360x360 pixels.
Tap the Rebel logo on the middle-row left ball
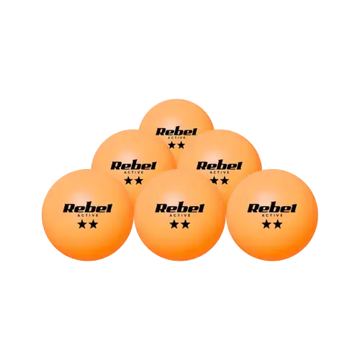133,166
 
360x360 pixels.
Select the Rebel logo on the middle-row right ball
219,166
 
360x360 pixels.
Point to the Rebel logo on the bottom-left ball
88,208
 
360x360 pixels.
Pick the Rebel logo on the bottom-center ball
180,208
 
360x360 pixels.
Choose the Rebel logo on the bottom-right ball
272,208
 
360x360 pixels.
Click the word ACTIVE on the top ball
176,138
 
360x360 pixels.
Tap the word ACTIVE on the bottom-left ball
88,215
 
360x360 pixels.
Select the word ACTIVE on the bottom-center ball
180,215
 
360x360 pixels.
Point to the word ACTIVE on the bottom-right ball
272,215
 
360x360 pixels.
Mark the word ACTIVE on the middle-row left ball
135,172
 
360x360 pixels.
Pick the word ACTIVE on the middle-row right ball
220,172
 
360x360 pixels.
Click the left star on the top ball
172,145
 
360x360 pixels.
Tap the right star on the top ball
181,145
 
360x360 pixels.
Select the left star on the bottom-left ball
83,225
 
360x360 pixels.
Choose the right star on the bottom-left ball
93,225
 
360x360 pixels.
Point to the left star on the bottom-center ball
175,225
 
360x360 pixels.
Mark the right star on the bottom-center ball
185,225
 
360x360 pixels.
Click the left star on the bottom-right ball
267,225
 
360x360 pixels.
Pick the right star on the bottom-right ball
277,225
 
